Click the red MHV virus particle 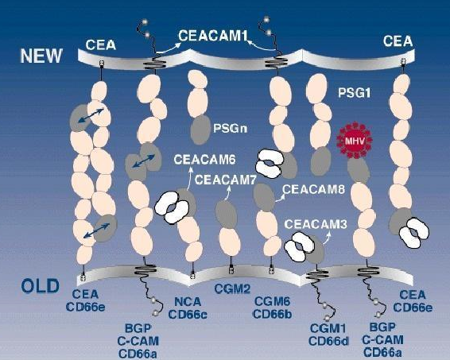[x=355, y=141]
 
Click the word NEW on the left [x=41, y=56]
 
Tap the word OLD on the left [x=41, y=286]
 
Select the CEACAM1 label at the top [x=213, y=36]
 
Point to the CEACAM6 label [x=204, y=160]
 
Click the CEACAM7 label [x=225, y=180]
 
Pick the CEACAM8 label [x=314, y=189]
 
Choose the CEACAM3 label [x=316, y=224]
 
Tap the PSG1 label [x=354, y=93]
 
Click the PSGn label [x=230, y=128]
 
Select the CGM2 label [x=232, y=289]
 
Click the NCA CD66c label [x=188, y=308]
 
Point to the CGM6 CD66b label [x=273, y=308]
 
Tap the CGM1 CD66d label [x=328, y=335]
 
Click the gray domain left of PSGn [x=200, y=130]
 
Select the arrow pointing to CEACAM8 [x=280, y=198]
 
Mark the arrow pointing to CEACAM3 [x=328, y=238]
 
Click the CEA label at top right [x=398, y=41]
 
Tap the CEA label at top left [x=101, y=45]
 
